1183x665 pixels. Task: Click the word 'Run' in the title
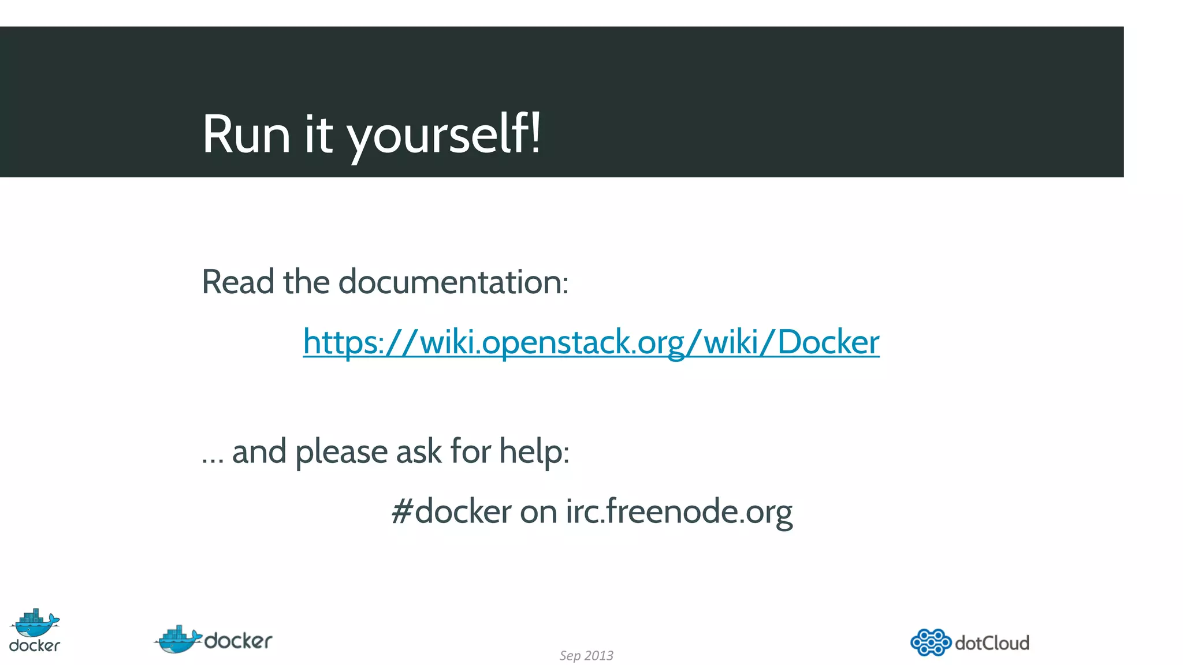(246, 135)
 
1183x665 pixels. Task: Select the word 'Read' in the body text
(237, 282)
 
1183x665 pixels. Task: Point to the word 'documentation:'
(453, 282)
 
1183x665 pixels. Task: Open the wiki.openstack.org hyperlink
(591, 342)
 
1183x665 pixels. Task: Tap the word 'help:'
(534, 451)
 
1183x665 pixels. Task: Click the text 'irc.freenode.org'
(679, 512)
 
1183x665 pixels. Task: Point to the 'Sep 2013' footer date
(586, 656)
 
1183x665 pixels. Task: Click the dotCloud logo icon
(931, 642)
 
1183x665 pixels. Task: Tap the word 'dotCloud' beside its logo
(992, 643)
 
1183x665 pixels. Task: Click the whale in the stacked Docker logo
(35, 623)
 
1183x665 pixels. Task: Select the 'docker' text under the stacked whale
(35, 645)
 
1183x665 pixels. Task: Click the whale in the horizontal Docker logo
(178, 640)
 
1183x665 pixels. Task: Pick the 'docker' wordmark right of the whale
(238, 641)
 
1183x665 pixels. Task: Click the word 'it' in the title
(318, 135)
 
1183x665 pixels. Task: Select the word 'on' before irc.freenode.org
(538, 512)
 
